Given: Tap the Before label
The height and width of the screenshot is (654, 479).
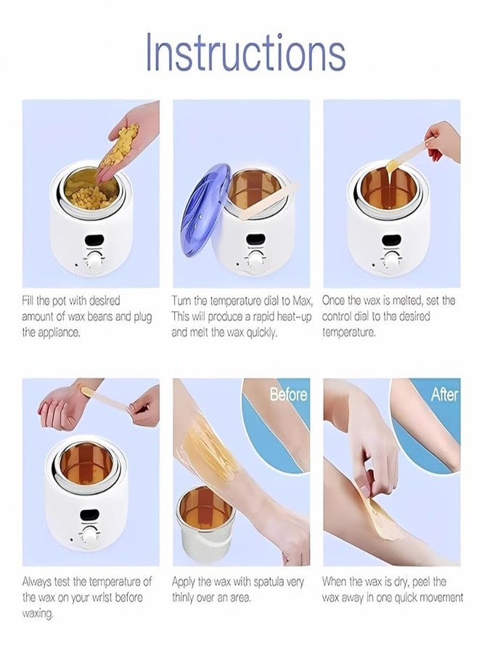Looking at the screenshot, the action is click(x=288, y=394).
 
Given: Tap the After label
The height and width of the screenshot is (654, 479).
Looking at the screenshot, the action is click(x=444, y=394).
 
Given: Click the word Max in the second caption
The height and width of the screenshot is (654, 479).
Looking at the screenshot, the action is click(x=302, y=301).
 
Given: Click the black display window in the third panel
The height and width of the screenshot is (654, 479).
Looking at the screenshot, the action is click(x=391, y=241).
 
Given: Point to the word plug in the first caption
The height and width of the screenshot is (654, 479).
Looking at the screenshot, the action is click(x=142, y=318).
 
